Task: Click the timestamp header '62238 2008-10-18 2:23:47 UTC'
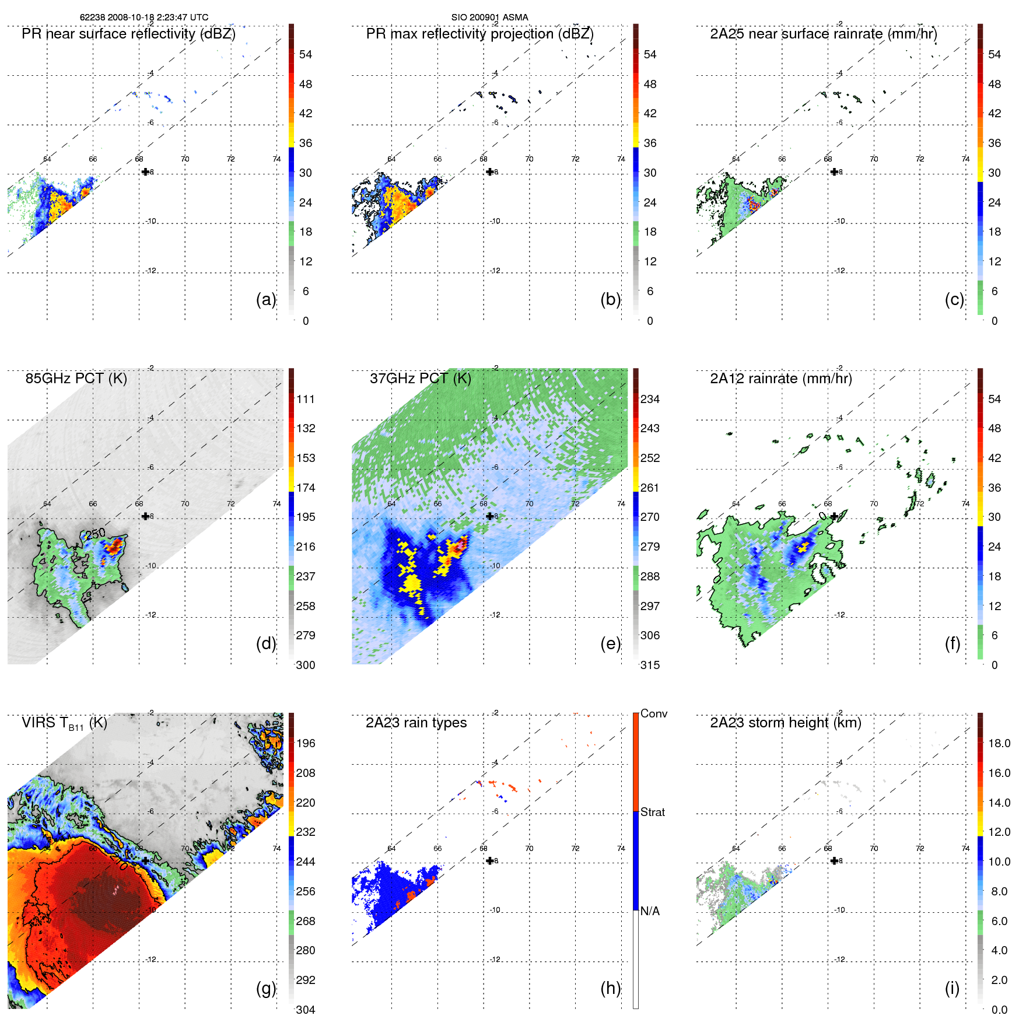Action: [x=143, y=17]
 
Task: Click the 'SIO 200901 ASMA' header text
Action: [x=489, y=17]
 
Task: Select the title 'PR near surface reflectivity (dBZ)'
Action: [x=128, y=34]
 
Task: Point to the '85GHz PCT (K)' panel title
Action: [x=76, y=378]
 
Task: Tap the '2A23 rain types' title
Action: [x=416, y=723]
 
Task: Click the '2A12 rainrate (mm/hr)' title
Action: [x=780, y=379]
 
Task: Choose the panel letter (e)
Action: [x=610, y=643]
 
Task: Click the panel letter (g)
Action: [x=266, y=988]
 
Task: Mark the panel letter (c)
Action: [x=954, y=299]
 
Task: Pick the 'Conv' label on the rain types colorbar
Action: [x=654, y=713]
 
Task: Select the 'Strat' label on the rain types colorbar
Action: [x=653, y=812]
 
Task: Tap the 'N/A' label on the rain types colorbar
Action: [x=650, y=911]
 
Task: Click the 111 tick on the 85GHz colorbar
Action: [x=306, y=399]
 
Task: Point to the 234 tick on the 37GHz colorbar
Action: [x=650, y=399]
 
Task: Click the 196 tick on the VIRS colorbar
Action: [x=306, y=743]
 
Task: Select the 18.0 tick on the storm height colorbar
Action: [x=999, y=743]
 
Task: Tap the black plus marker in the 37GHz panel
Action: [x=490, y=516]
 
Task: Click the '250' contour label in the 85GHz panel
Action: [x=95, y=533]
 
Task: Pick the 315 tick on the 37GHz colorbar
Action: [x=650, y=665]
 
